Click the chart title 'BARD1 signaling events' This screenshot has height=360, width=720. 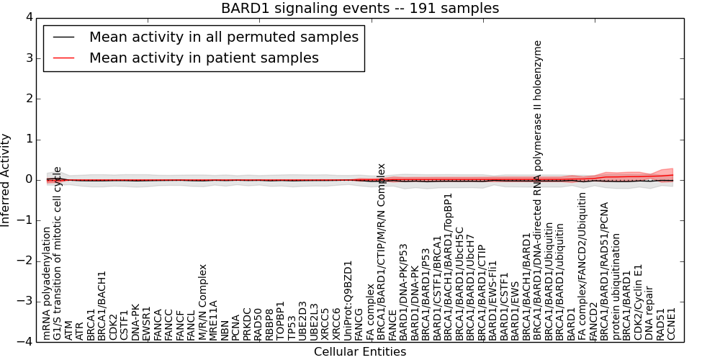click(x=359, y=8)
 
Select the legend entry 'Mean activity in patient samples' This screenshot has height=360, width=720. click(x=204, y=58)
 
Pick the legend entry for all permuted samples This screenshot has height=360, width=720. click(x=223, y=37)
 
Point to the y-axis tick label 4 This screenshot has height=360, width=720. click(x=28, y=17)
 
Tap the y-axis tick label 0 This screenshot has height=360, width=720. click(x=28, y=179)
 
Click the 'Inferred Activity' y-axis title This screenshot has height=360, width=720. click(x=6, y=179)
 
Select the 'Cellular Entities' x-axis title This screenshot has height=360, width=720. click(x=359, y=351)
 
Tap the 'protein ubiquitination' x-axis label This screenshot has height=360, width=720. click(x=616, y=287)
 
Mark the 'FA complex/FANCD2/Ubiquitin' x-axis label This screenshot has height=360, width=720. click(x=582, y=266)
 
